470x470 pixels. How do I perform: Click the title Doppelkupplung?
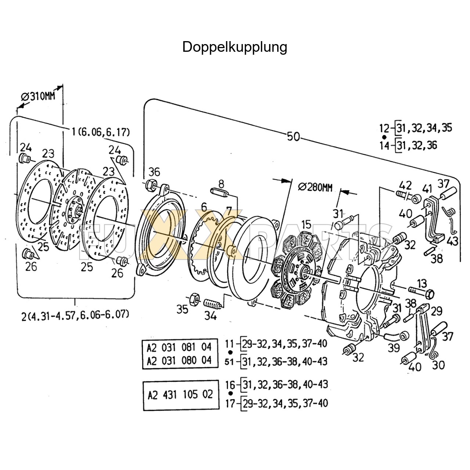coord(235,47)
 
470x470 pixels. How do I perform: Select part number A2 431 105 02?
coord(180,395)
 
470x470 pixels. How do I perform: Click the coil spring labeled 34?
coord(212,304)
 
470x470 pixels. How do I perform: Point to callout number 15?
coord(306,224)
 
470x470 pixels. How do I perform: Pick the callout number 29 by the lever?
coord(437,311)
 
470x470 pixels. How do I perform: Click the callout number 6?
coord(204,207)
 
